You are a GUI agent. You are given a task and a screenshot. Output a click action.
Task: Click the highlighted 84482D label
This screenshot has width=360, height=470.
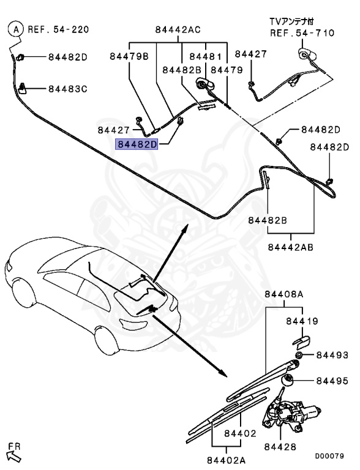(137, 144)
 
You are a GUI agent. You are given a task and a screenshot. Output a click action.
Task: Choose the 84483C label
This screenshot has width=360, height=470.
(67, 89)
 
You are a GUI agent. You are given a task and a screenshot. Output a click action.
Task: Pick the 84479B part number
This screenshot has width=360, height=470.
(129, 57)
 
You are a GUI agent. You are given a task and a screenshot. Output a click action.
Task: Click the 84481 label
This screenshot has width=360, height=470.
(205, 57)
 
